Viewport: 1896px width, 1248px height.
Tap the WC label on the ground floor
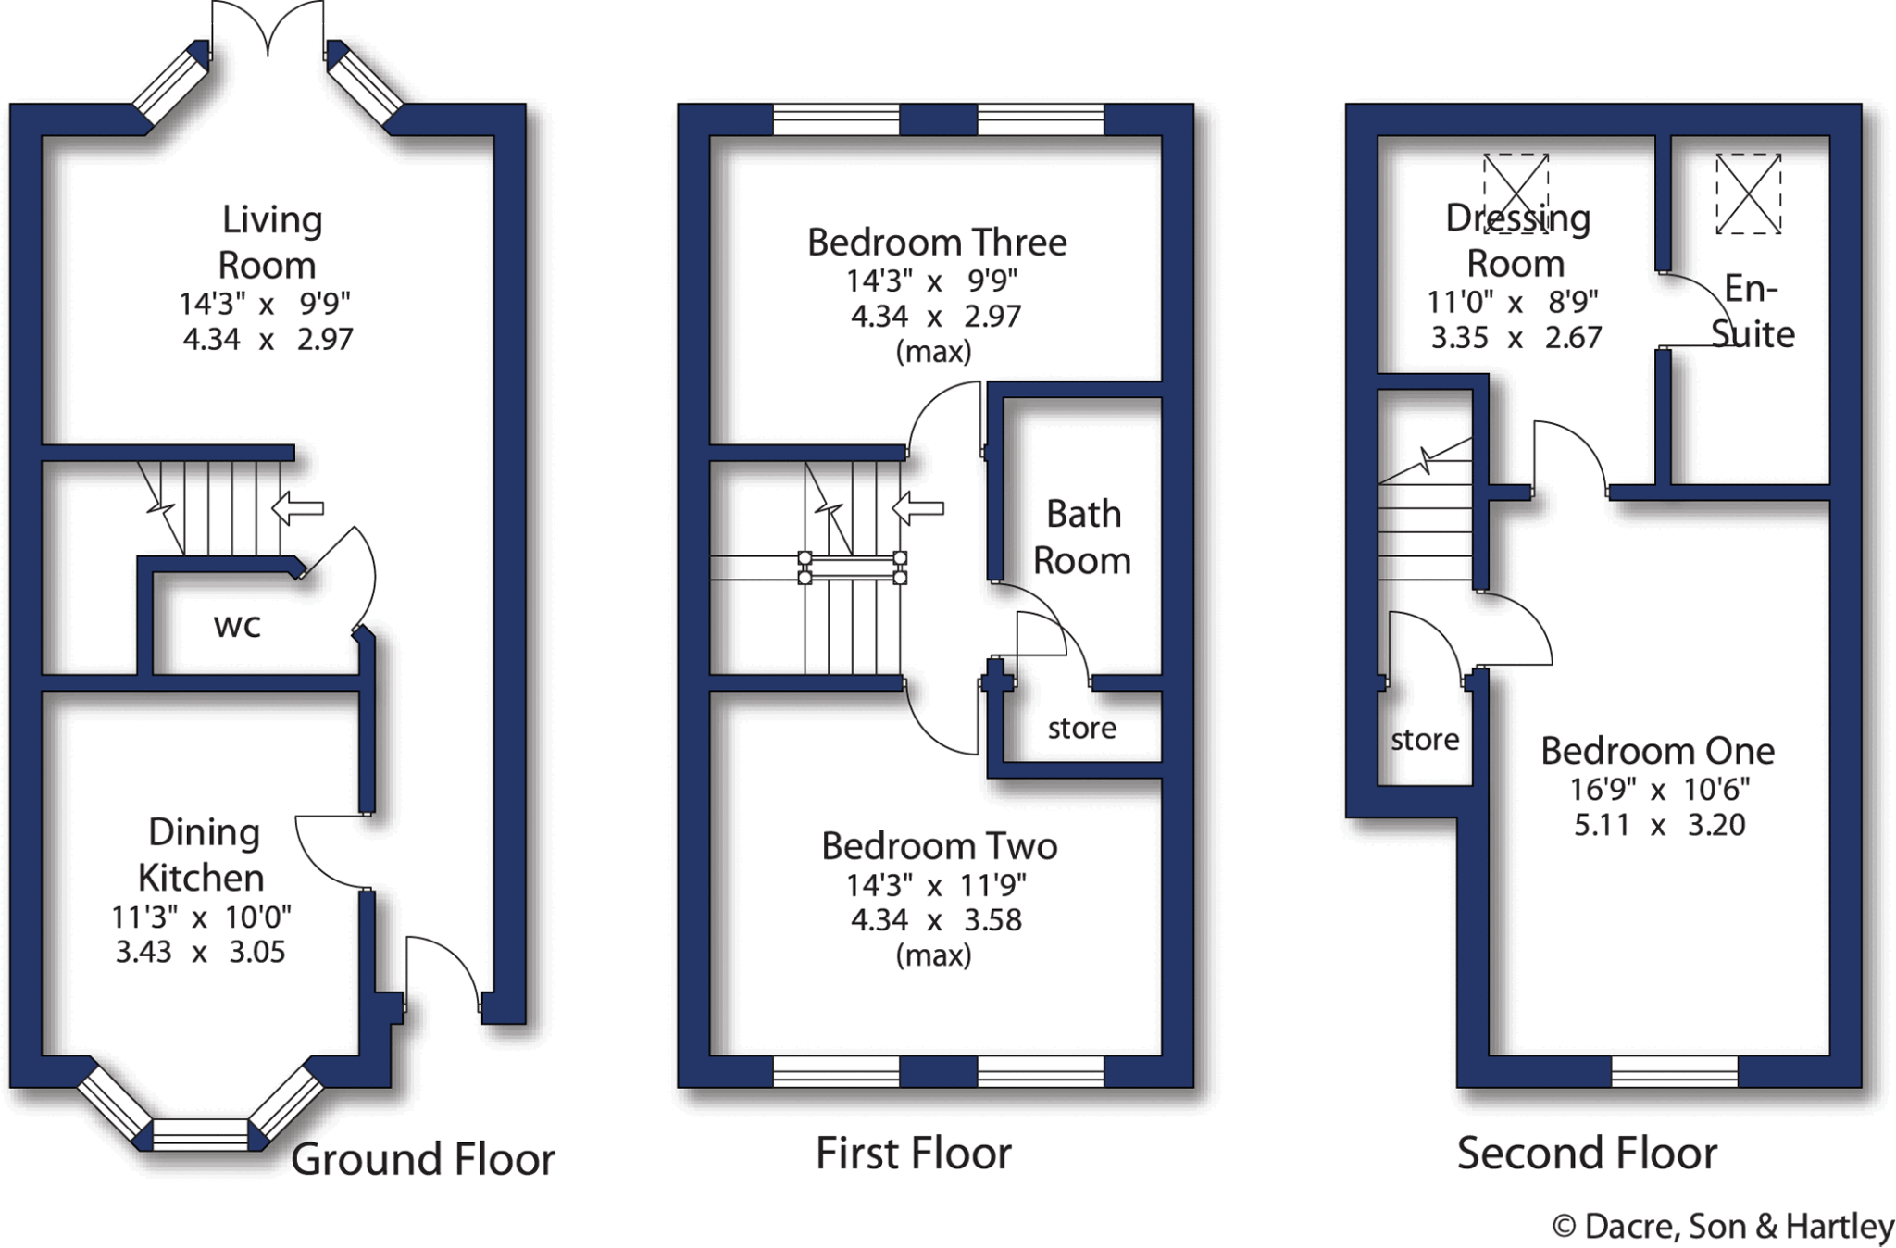237,627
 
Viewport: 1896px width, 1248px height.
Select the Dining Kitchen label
203,855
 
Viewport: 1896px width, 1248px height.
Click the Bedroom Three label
937,243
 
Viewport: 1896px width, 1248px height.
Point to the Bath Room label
1082,537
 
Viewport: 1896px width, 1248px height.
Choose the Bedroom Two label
939,846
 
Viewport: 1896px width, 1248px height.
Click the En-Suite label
1752,311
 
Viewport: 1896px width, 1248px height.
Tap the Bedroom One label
1657,751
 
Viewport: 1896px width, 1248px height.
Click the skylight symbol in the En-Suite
1748,193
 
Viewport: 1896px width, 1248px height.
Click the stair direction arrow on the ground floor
298,507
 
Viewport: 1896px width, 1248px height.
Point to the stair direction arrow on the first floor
917,507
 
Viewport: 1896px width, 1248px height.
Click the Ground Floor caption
423,1159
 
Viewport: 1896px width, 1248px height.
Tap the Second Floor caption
1587,1154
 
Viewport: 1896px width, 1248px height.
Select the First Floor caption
913,1154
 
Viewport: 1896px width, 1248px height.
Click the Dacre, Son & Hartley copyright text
1723,1227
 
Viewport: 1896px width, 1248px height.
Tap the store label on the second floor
1425,740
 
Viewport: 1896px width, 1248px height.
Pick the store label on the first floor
1081,729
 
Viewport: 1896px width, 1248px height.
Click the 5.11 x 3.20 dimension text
1659,825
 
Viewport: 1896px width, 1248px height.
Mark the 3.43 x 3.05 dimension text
200,952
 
